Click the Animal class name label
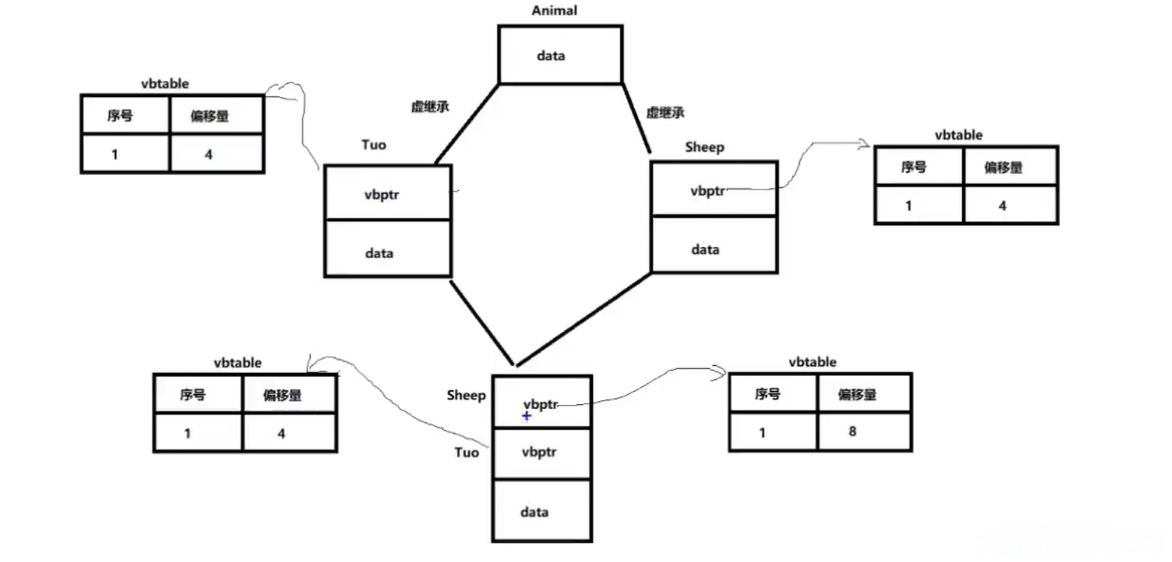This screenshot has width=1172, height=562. click(x=554, y=10)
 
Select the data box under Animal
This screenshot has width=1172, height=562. click(x=560, y=55)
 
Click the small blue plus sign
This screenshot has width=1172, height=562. click(x=527, y=417)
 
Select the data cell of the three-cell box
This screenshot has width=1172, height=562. click(x=541, y=512)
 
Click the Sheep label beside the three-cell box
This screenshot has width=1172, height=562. click(x=466, y=396)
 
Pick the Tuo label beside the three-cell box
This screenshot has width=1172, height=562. click(x=466, y=453)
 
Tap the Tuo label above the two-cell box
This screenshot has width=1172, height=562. click(x=374, y=145)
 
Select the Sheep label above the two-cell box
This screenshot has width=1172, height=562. click(x=703, y=147)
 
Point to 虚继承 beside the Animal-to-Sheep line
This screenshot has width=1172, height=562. click(x=665, y=112)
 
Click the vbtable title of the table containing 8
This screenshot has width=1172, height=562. click(x=812, y=362)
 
